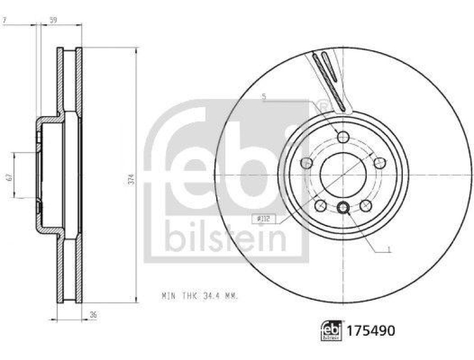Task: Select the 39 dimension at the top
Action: (53, 21)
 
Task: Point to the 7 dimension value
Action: (5, 21)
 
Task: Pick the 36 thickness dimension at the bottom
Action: (93, 315)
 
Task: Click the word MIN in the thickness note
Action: (168, 294)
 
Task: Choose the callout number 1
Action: (389, 250)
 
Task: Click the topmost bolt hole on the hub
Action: (342, 137)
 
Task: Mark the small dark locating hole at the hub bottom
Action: (342, 208)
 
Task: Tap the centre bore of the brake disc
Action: (342, 175)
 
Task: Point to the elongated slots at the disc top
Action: (329, 80)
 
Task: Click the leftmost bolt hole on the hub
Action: (306, 163)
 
